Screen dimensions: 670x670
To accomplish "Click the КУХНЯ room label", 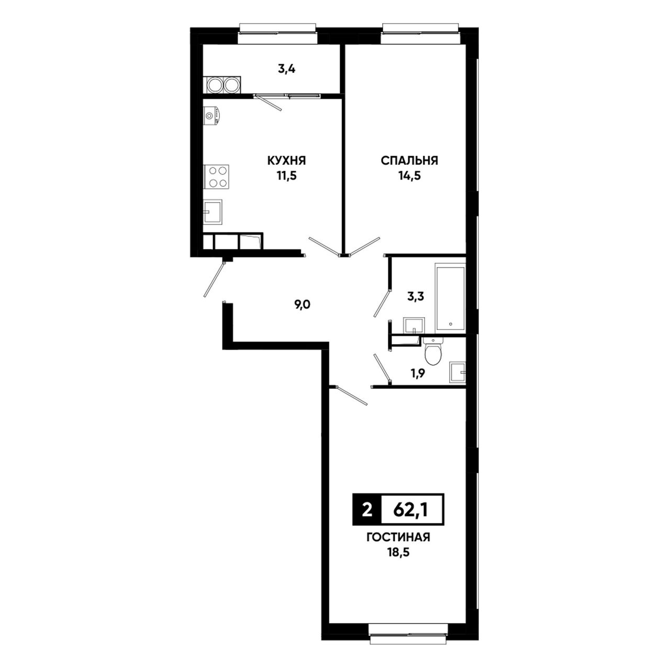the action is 286,161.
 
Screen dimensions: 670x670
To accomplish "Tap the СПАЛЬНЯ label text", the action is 409,161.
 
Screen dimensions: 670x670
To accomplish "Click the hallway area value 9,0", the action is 302,305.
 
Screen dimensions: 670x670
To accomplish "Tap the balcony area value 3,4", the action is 286,69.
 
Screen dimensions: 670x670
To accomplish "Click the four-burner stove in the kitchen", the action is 216,176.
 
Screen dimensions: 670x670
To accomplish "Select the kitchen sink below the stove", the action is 213,211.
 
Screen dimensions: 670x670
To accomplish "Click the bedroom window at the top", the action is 421,33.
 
